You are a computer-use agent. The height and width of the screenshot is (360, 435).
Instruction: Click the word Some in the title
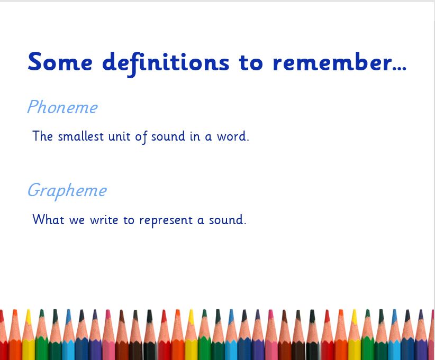click(60, 62)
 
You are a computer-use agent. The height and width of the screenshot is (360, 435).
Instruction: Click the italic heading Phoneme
click(62, 107)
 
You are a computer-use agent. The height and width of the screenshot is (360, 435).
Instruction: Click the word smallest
click(81, 136)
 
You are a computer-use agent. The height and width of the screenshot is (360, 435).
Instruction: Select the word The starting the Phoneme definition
click(43, 136)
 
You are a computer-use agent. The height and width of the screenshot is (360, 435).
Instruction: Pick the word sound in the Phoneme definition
click(168, 136)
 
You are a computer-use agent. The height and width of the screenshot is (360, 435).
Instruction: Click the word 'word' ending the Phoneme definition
click(232, 136)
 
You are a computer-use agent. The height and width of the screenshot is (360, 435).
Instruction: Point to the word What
click(49, 219)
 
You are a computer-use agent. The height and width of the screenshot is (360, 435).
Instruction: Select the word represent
click(166, 221)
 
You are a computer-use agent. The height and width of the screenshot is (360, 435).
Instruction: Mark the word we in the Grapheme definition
click(77, 221)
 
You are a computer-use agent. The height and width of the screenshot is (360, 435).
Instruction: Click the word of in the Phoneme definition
click(141, 137)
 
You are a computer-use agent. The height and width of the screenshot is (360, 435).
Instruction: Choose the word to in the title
click(250, 62)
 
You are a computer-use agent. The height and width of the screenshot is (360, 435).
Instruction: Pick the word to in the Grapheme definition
click(129, 220)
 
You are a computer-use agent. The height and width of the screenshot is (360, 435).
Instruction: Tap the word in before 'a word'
click(195, 136)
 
